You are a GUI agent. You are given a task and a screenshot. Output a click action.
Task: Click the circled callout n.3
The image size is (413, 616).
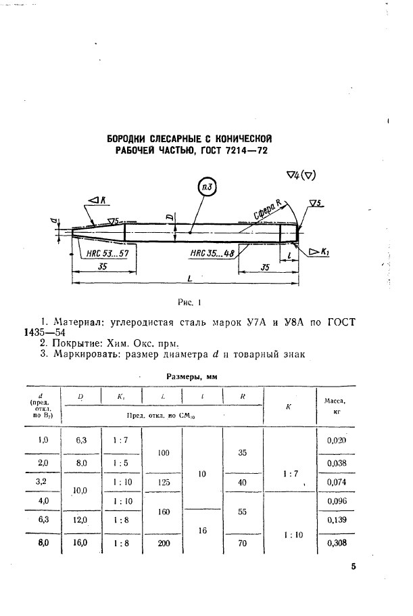click(x=208, y=187)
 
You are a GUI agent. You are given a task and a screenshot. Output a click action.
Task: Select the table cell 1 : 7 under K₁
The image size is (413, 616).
click(x=120, y=439)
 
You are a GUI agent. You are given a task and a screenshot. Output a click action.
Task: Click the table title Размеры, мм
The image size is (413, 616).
click(x=192, y=376)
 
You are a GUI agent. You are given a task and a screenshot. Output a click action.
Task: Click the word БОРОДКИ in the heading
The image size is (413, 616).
click(x=130, y=139)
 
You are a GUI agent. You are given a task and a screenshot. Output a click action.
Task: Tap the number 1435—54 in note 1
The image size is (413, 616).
click(x=44, y=333)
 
